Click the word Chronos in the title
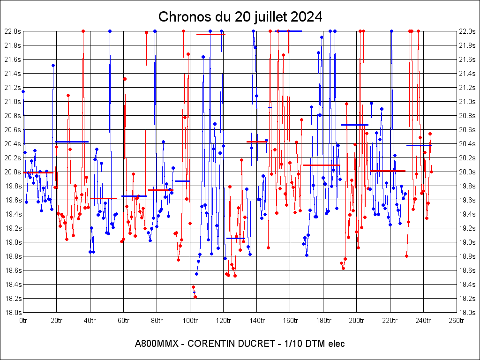click(179, 17)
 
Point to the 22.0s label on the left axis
click(12, 31)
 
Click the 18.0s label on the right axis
click(467, 312)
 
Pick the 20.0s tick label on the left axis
click(12, 172)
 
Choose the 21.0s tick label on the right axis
click(467, 101)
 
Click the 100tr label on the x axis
click(190, 321)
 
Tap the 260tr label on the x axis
click(457, 321)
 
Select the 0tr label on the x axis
click(23, 321)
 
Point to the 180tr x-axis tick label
click(323, 321)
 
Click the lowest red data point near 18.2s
click(195, 297)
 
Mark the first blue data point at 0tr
click(23, 91)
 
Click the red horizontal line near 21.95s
click(211, 34)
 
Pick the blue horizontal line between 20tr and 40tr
click(72, 142)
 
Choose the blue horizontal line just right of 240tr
click(419, 145)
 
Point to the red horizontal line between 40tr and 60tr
click(103, 198)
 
